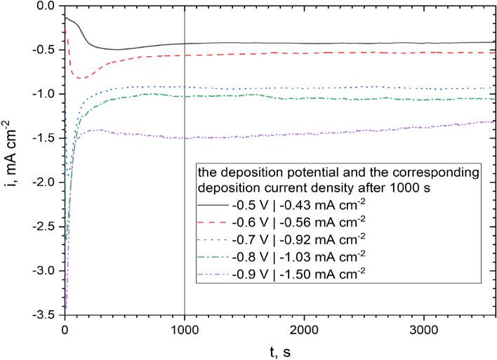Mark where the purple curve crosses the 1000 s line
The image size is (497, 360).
click(x=185, y=138)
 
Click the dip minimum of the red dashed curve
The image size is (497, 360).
click(x=81, y=78)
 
